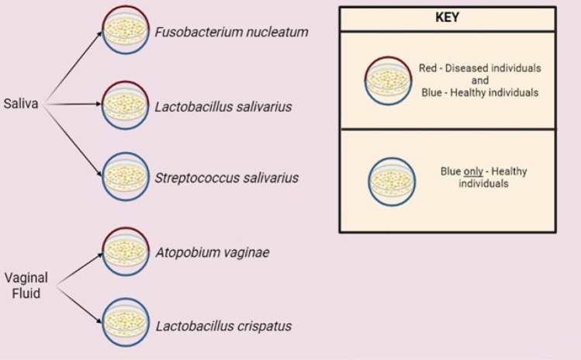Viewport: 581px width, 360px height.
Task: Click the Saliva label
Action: coord(20,102)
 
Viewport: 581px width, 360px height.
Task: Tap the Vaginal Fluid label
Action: coord(26,286)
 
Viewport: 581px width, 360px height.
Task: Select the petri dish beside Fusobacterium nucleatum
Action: coord(126,31)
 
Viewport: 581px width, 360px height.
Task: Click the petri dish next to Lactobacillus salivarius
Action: coord(126,103)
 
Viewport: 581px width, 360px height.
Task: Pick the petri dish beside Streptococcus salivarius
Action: coord(126,176)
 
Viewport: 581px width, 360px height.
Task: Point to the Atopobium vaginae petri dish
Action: coord(126,252)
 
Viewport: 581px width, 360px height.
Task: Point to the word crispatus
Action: coord(262,326)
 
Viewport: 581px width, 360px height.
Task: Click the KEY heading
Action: coord(447,18)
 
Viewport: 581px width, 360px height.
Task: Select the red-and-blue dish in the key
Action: coord(389,80)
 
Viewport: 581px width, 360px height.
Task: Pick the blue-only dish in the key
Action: coord(391,182)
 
